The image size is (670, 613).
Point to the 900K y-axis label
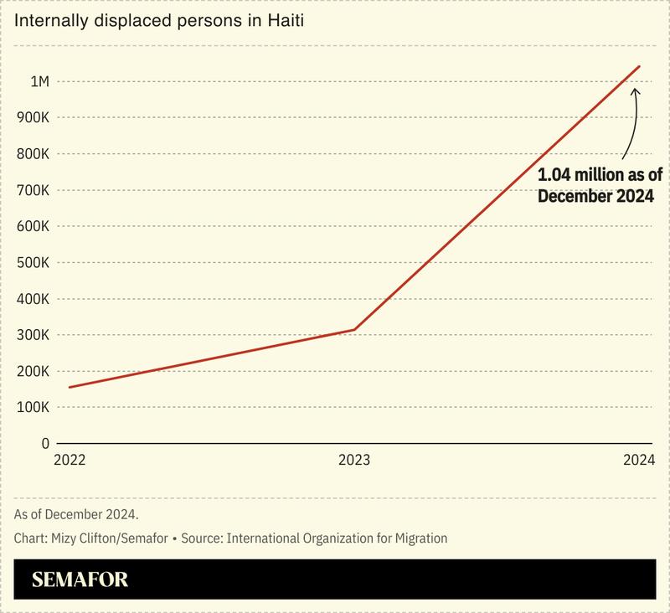[x=33, y=117]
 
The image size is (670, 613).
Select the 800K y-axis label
[x=33, y=154]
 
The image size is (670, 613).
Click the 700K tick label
[x=33, y=190]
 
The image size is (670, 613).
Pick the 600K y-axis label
[x=33, y=226]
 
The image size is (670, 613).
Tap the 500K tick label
[x=33, y=262]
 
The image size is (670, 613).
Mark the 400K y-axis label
[x=33, y=299]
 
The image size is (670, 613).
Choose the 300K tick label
[x=33, y=335]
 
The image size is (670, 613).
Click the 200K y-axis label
[x=33, y=371]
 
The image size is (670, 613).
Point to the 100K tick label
[x=33, y=407]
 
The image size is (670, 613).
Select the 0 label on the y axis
[x=46, y=443]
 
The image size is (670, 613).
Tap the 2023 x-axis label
[x=354, y=461]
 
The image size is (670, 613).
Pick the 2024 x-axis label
[x=639, y=461]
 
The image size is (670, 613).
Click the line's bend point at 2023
[x=354, y=329]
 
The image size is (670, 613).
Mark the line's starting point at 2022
[x=70, y=387]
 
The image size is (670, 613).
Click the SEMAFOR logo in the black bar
[x=80, y=580]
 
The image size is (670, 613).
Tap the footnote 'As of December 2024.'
[x=76, y=513]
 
